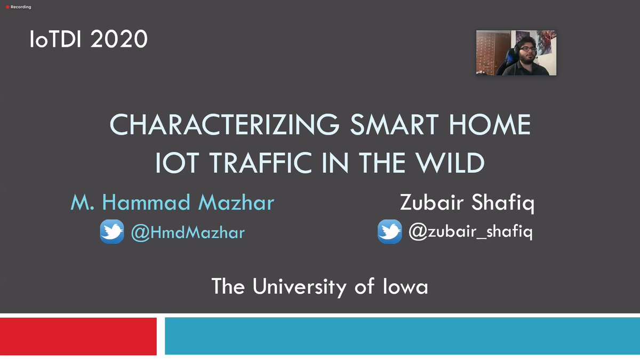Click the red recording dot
tap(7, 7)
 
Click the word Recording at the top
tap(21, 7)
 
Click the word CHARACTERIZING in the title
tap(223, 125)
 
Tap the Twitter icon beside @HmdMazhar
tap(112, 232)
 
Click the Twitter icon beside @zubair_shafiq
tap(390, 232)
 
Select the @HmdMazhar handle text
tap(188, 233)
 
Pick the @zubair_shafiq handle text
tap(470, 233)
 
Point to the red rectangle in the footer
tap(78, 336)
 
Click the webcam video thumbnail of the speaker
tap(516, 53)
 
